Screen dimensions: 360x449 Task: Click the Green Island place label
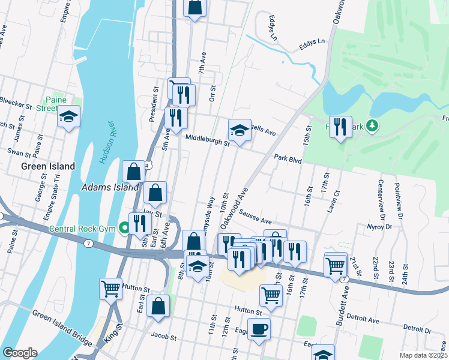pos(48,166)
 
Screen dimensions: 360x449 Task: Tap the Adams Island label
pos(110,188)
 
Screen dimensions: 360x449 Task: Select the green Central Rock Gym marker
pos(124,228)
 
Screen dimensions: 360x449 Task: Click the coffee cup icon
pos(259,329)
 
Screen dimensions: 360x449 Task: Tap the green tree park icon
pos(373,125)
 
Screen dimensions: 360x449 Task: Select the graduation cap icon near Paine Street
pos(69,116)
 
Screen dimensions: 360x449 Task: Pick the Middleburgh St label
pos(207,143)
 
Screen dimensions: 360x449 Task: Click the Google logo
pos(20,352)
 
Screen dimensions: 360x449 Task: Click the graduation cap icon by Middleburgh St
pos(239,130)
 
